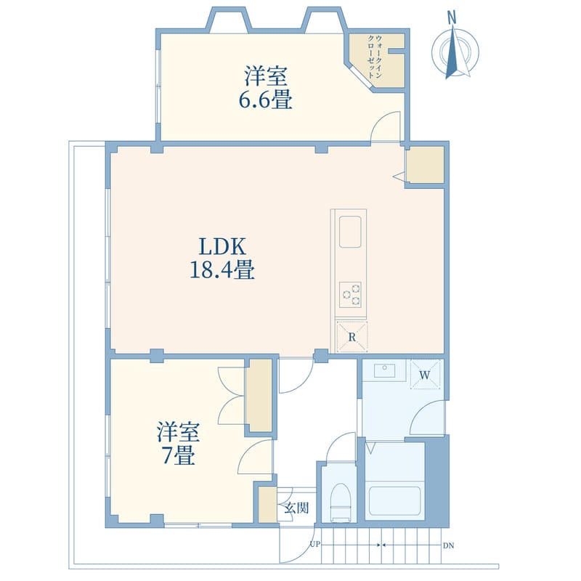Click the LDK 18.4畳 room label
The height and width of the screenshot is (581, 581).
pyautogui.click(x=222, y=258)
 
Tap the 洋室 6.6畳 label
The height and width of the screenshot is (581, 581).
pyautogui.click(x=266, y=87)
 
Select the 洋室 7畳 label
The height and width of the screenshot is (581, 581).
pyautogui.click(x=178, y=443)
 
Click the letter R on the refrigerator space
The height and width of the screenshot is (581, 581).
pyautogui.click(x=352, y=337)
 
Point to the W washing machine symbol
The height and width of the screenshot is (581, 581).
pyautogui.click(x=425, y=375)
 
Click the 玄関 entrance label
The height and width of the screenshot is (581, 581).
pyautogui.click(x=296, y=507)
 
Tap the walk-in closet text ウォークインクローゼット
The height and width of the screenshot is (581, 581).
pyautogui.click(x=375, y=57)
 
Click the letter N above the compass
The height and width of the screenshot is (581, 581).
pyautogui.click(x=451, y=17)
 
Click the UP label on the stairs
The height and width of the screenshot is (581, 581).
pyautogui.click(x=315, y=545)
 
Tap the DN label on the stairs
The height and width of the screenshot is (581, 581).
pyautogui.click(x=448, y=545)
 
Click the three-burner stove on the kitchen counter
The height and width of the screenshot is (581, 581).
pyautogui.click(x=351, y=295)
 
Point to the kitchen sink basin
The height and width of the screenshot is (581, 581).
pyautogui.click(x=350, y=232)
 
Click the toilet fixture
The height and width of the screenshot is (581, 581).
pyautogui.click(x=340, y=503)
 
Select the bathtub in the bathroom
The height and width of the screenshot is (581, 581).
pyautogui.click(x=394, y=501)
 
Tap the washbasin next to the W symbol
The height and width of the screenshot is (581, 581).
pyautogui.click(x=385, y=370)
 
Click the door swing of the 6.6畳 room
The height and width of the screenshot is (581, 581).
pyautogui.click(x=386, y=126)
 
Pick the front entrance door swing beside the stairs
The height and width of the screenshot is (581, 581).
pyautogui.click(x=296, y=545)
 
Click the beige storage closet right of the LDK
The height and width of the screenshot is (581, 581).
pyautogui.click(x=426, y=164)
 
